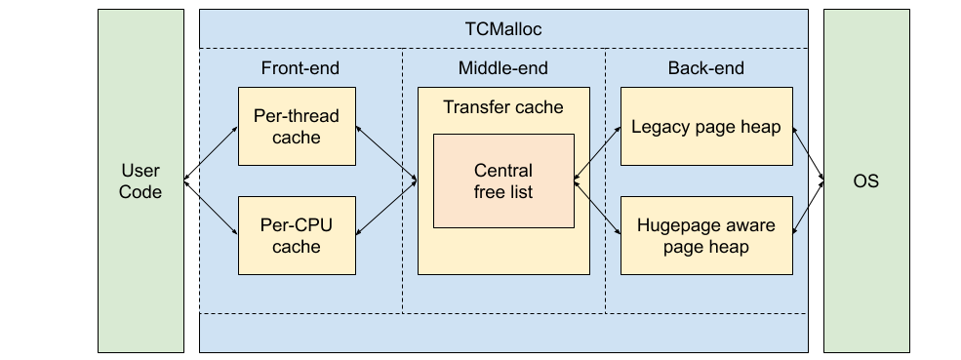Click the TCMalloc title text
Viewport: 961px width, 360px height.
point(502,29)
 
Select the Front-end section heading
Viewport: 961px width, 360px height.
point(300,68)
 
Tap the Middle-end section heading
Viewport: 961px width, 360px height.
point(502,68)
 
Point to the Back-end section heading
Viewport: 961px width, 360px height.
point(705,68)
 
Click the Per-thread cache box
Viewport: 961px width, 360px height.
point(297,126)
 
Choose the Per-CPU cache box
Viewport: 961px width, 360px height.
point(297,235)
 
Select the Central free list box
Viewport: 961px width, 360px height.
point(502,181)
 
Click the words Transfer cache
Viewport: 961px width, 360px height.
point(502,106)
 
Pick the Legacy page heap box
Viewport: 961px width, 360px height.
point(706,126)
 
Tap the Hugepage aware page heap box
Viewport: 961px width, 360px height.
point(706,235)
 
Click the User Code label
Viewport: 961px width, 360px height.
point(140,181)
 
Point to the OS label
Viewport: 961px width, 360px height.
point(865,181)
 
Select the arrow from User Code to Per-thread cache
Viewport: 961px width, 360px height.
point(211,153)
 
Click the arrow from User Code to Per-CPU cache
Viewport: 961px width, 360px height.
point(211,208)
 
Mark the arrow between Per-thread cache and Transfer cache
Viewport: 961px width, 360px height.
point(385,153)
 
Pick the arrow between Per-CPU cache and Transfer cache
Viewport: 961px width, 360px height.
point(385,208)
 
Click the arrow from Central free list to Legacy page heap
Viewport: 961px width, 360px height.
point(597,153)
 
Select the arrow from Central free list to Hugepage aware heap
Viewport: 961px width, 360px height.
point(597,208)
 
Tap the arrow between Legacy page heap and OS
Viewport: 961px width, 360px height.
point(809,153)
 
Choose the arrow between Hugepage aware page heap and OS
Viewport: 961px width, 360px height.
point(809,208)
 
